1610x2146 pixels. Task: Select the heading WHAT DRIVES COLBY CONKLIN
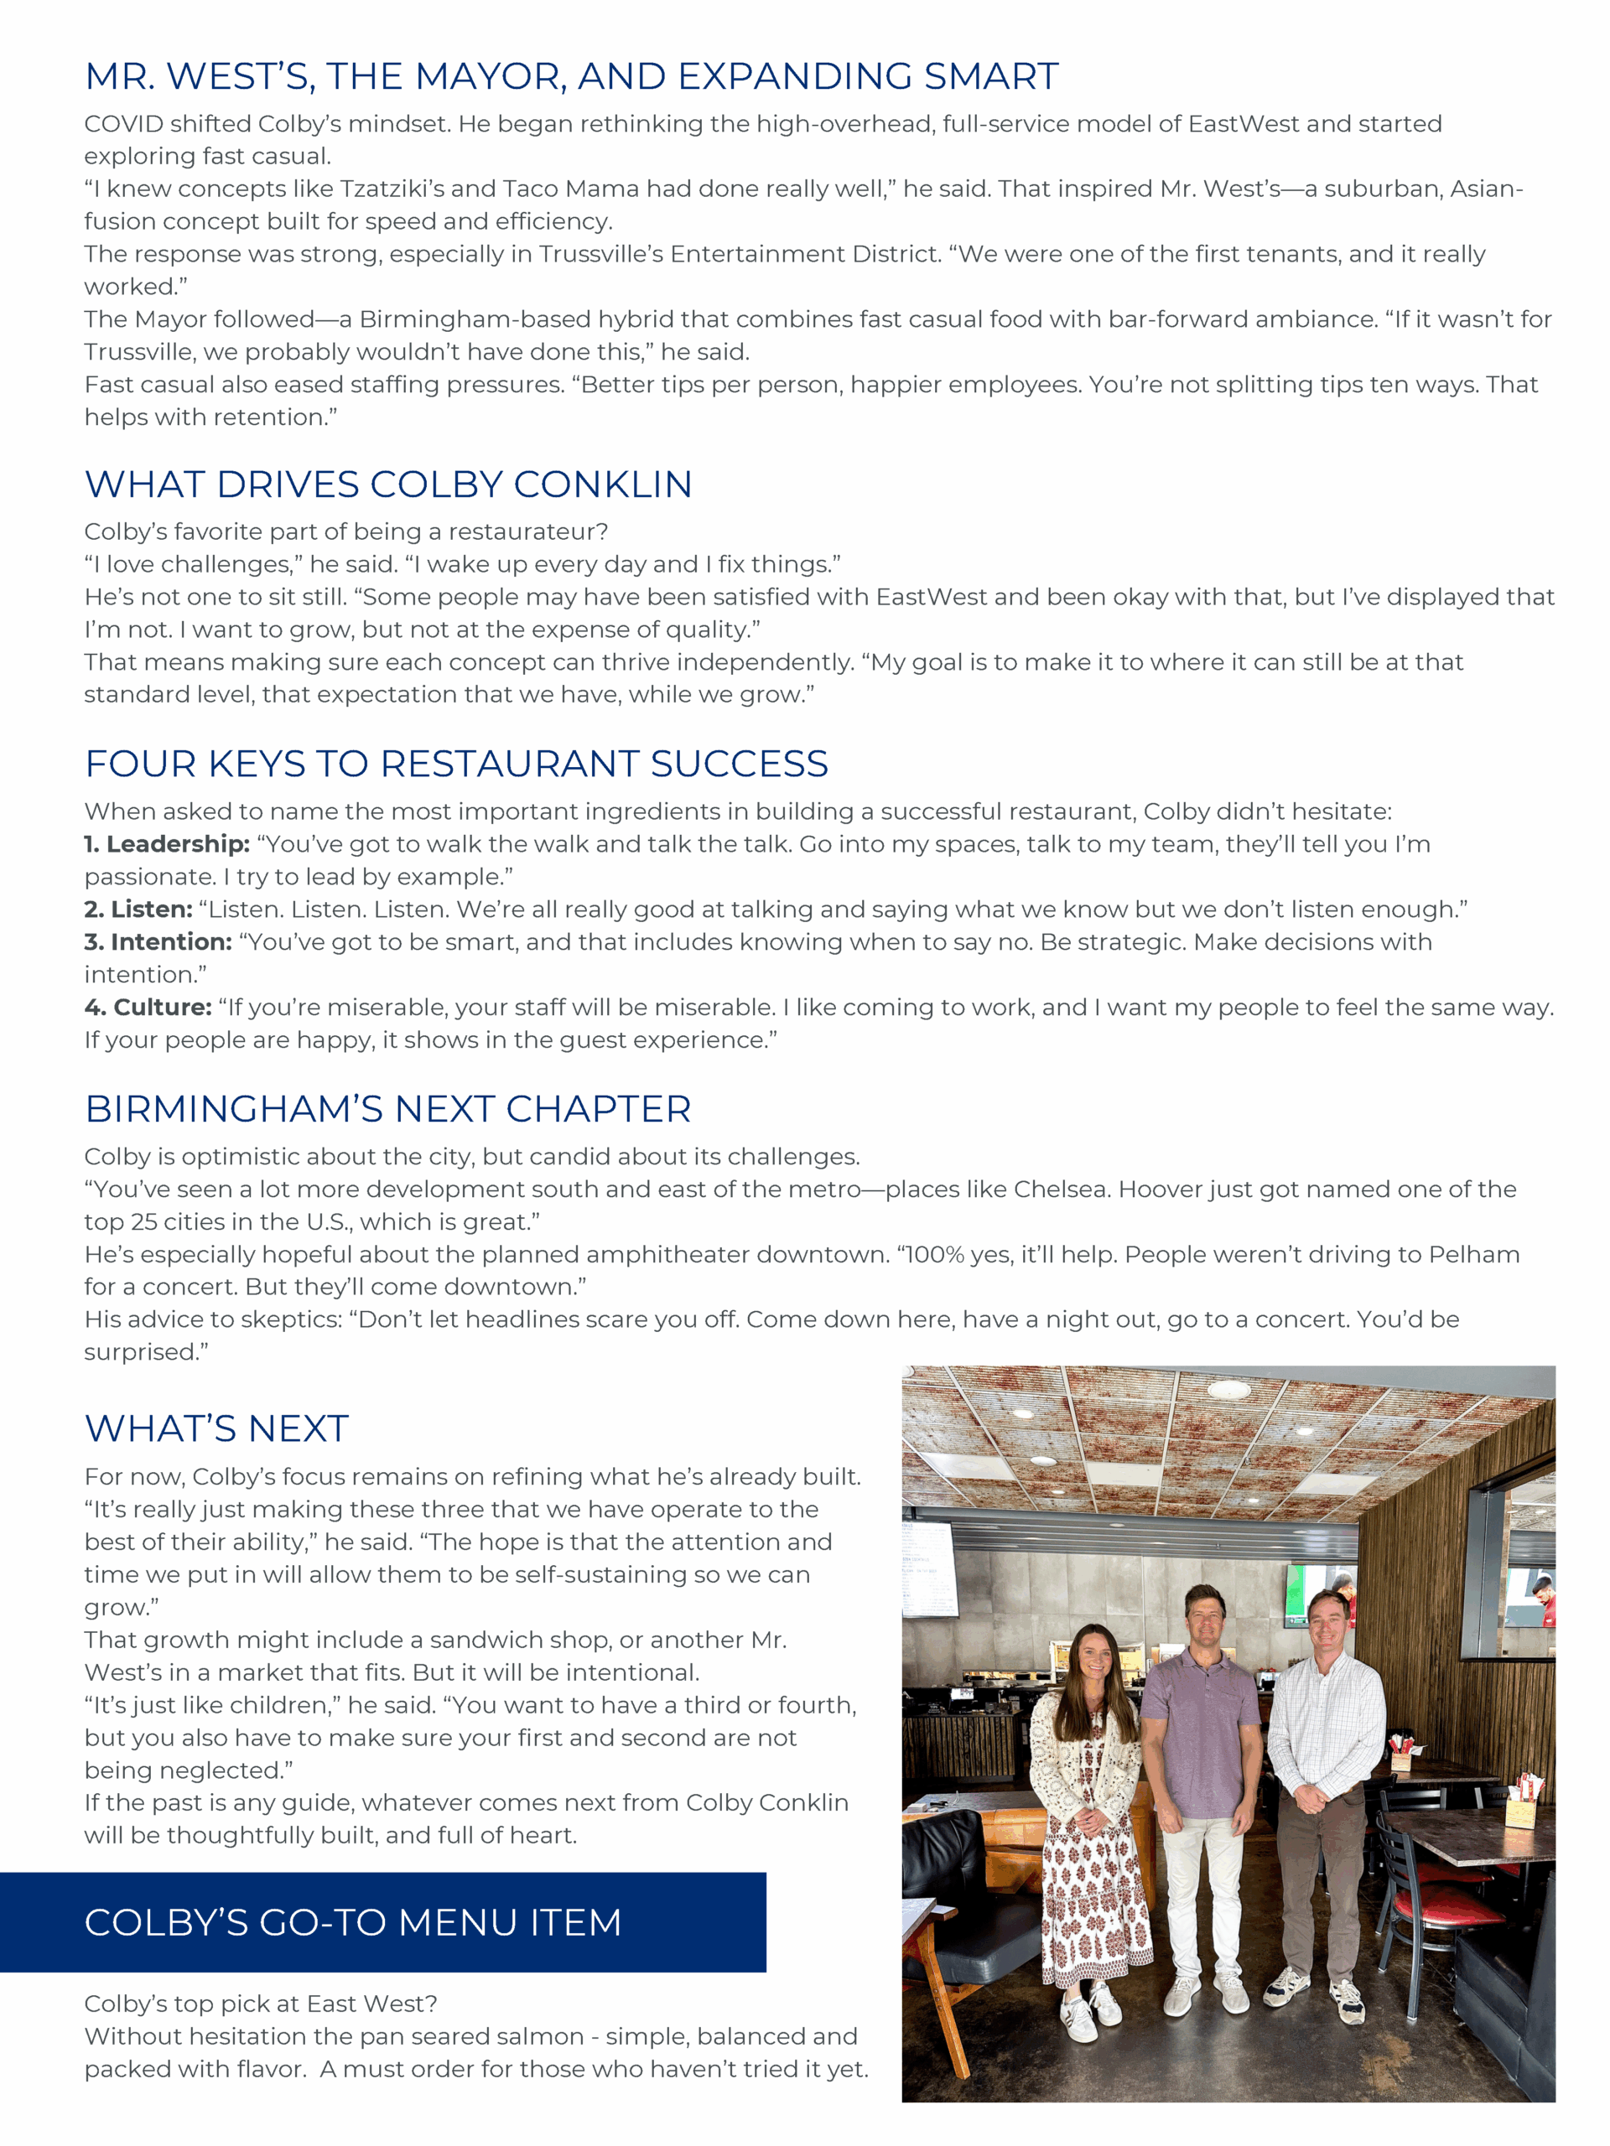point(388,485)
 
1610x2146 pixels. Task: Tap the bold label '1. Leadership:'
point(167,844)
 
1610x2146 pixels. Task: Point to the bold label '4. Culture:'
point(148,1007)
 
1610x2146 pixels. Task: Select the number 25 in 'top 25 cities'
point(143,1222)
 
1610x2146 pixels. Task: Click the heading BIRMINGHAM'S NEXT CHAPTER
point(388,1109)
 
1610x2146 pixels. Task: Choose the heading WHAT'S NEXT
point(216,1429)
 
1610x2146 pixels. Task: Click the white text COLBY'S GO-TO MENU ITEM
point(353,1922)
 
